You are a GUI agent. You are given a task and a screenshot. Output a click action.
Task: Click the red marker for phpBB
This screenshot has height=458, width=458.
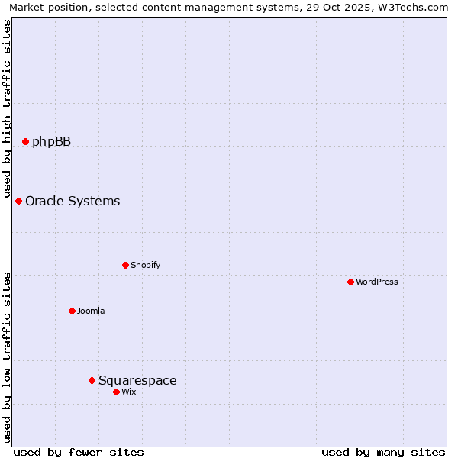point(25,141)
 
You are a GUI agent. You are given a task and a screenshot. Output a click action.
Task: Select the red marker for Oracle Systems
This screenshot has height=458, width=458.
point(19,202)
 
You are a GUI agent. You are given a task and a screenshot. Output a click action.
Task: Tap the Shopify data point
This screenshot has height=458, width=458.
point(125,265)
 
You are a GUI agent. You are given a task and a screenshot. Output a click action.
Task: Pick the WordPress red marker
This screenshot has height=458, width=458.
point(350,282)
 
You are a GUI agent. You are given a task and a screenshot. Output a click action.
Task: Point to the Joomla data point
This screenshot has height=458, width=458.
point(72,311)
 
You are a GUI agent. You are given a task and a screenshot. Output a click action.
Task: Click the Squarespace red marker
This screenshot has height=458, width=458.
point(92,380)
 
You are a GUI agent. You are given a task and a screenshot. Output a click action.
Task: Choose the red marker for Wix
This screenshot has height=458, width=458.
point(116,392)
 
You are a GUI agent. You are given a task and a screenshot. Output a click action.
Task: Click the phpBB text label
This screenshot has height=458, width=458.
point(51,141)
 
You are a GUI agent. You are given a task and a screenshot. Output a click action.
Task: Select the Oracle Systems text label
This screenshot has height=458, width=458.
point(73,202)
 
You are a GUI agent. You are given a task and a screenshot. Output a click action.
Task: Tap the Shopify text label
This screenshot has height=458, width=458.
point(145,265)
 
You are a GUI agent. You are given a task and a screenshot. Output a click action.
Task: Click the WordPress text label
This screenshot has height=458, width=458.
point(376,282)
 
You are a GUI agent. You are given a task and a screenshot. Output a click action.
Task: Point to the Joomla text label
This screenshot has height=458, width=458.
point(91,311)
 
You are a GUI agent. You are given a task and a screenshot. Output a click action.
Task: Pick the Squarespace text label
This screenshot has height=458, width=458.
point(137,380)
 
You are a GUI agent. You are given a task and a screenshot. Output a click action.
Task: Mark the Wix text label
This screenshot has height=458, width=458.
point(129,392)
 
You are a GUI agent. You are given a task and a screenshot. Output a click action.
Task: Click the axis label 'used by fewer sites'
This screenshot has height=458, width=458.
point(79,452)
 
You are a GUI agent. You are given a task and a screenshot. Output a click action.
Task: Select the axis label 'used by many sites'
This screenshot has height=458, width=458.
point(383,452)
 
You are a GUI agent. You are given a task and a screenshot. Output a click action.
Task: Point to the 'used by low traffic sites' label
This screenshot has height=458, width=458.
point(7,357)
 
